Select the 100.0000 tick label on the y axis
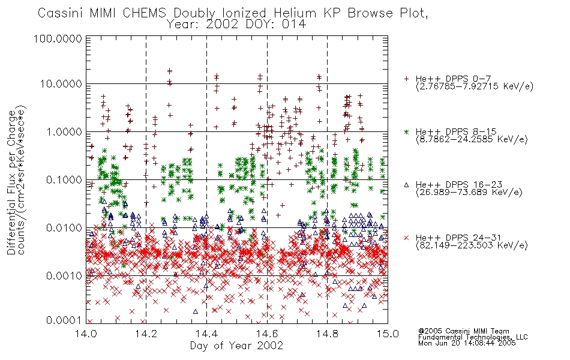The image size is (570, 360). click(x=58, y=38)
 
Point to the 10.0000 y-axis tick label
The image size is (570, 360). click(x=61, y=84)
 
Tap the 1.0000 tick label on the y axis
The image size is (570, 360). click(x=64, y=131)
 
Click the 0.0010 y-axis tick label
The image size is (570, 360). click(x=64, y=275)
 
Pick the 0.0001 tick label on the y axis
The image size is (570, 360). click(x=64, y=320)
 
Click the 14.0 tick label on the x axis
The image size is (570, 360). click(x=86, y=334)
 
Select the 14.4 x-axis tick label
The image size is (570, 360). click(x=207, y=334)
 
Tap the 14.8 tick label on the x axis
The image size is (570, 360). click(x=327, y=334)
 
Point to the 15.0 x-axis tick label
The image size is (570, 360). click(x=388, y=334)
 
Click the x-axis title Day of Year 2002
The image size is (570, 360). click(x=236, y=346)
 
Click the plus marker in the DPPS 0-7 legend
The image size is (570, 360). click(x=406, y=79)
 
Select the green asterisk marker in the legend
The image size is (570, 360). click(x=406, y=131)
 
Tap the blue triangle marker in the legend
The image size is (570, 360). click(x=406, y=185)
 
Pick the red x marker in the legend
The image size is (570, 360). click(x=406, y=238)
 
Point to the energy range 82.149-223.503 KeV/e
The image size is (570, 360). click(x=472, y=245)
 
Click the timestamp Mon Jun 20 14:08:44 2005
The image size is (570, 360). click(x=467, y=343)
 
